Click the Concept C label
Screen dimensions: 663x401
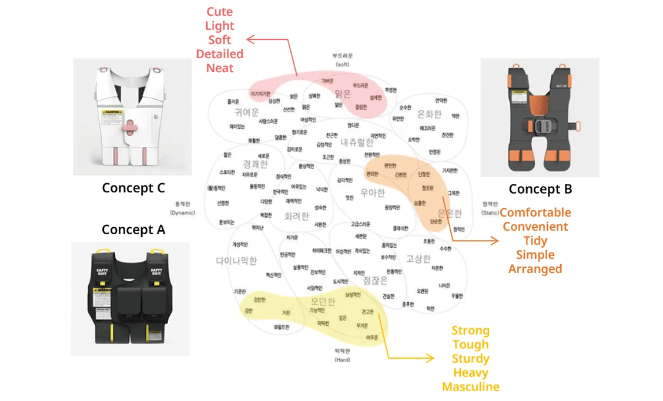click(x=133, y=188)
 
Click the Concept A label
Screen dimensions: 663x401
click(x=133, y=230)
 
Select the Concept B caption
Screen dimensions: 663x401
click(x=540, y=189)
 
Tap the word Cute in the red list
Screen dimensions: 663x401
click(x=220, y=12)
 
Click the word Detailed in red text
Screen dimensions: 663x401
click(x=220, y=54)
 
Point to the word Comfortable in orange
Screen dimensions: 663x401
click(x=535, y=213)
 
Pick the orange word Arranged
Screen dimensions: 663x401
click(x=535, y=269)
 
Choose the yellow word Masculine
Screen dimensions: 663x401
click(x=471, y=387)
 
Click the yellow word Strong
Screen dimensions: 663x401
click(x=471, y=331)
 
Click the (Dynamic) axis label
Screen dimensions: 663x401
click(x=182, y=213)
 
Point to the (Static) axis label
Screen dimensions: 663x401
click(x=490, y=213)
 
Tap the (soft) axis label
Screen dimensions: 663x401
click(x=342, y=63)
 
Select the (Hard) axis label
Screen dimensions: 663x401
click(x=342, y=359)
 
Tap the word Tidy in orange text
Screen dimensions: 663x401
click(x=535, y=241)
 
